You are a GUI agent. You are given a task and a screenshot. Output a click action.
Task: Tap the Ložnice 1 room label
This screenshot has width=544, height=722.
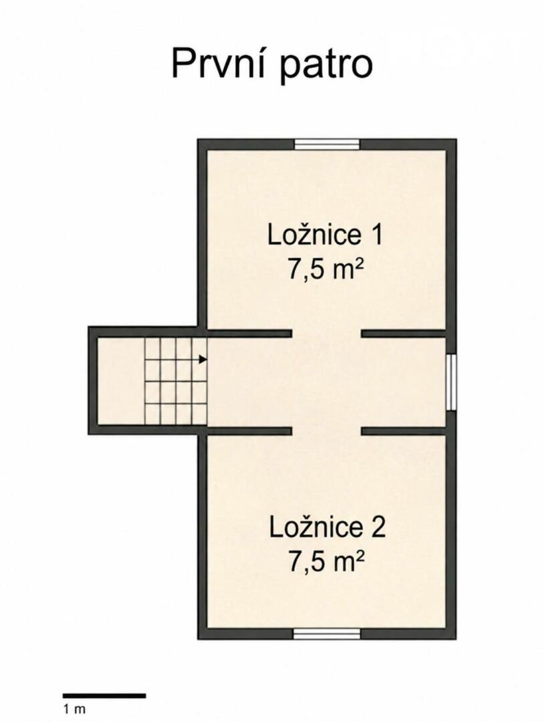(x=325, y=235)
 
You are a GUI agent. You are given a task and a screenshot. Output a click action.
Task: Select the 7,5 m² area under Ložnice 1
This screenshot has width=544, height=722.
(x=323, y=269)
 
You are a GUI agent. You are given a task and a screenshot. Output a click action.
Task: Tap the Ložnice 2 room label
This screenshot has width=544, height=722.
(x=327, y=527)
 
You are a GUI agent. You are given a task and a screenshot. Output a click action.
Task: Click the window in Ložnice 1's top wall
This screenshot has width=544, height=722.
(x=327, y=144)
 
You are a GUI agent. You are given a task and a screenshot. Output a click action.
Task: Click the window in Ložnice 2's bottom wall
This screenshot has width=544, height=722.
(x=327, y=634)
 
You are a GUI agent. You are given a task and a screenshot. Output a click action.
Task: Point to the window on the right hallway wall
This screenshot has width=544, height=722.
(x=452, y=382)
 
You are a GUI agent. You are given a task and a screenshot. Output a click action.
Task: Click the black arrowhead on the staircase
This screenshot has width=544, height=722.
(x=202, y=360)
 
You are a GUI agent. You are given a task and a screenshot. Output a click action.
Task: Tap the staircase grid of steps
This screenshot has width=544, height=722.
(x=176, y=382)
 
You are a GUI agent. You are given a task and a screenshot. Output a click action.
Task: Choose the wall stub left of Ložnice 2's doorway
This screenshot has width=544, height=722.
(x=249, y=431)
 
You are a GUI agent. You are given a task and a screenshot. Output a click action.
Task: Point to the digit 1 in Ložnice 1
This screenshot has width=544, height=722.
(x=376, y=235)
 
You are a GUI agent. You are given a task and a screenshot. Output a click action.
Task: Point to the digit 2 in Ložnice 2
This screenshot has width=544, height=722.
(x=378, y=527)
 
